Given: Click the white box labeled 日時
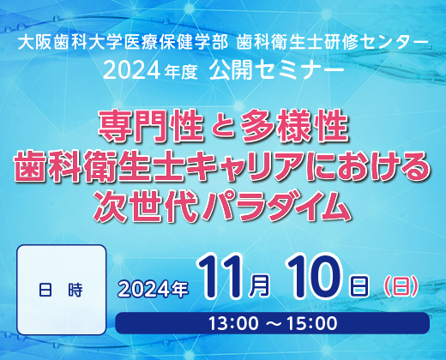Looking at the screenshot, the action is (x=62, y=290).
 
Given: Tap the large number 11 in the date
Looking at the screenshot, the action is (x=221, y=277).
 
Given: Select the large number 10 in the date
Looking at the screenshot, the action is (x=314, y=277).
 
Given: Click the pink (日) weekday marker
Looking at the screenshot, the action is (x=401, y=287).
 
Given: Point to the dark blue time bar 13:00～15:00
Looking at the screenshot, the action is (x=272, y=323).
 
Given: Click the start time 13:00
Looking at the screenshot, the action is (x=233, y=323).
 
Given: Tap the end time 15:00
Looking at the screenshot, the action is (x=312, y=323).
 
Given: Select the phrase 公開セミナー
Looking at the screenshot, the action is (x=276, y=70).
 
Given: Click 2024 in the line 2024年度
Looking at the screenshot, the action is (x=131, y=70).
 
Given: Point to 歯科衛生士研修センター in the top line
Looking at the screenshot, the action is (x=332, y=43).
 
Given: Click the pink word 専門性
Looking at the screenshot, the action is (x=151, y=126).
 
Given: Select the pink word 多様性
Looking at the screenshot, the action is (x=295, y=126).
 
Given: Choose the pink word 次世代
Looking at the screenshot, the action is (x=145, y=205).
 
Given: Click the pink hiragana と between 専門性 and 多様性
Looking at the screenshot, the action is (x=222, y=127).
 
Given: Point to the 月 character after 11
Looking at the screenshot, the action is (x=259, y=286).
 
